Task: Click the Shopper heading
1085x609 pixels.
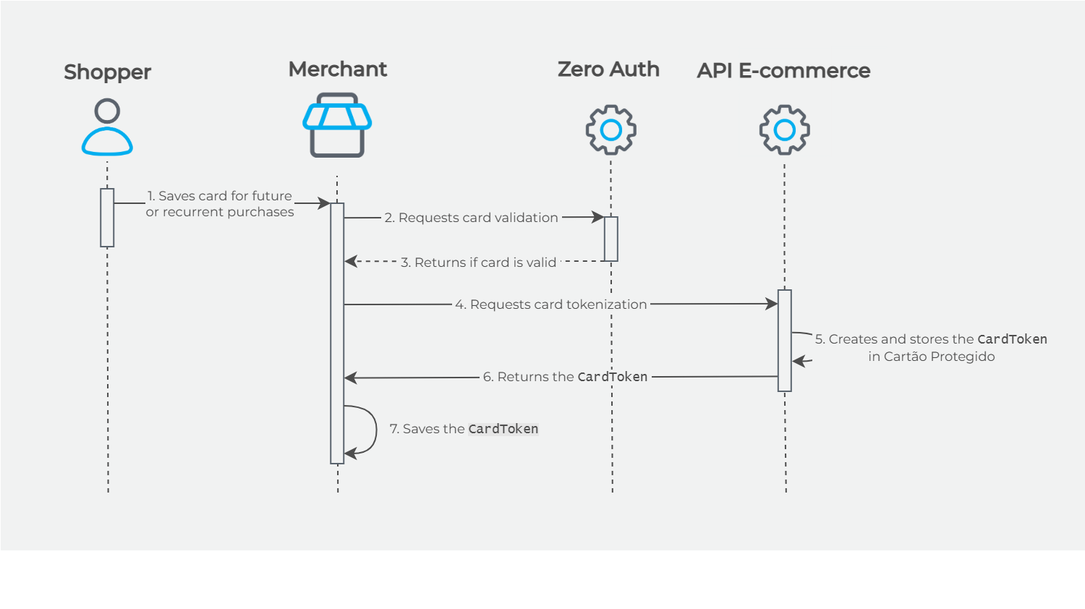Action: [107, 72]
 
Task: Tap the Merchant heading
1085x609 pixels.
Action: [338, 69]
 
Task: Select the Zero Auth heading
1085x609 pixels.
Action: [608, 69]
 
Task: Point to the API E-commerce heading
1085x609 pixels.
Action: [783, 71]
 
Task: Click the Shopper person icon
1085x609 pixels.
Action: [107, 128]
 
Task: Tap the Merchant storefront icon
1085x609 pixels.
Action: [337, 125]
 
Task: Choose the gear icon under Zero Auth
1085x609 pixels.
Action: [611, 130]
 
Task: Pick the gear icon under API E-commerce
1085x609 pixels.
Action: [785, 130]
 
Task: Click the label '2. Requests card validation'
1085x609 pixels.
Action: [471, 218]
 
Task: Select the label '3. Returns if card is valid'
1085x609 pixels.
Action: [478, 263]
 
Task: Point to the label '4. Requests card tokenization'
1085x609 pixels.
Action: [550, 304]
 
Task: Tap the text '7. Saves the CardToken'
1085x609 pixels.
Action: [464, 429]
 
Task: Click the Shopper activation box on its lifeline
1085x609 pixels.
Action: [107, 218]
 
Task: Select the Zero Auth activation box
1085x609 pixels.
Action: [611, 239]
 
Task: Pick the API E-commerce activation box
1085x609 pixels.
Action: [785, 341]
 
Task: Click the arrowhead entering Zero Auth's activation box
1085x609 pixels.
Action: [598, 217]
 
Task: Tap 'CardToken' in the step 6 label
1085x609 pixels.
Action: [612, 377]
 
